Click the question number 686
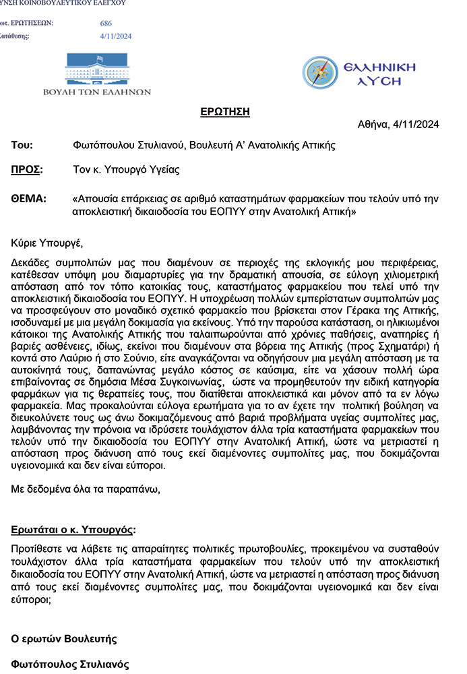[x=106, y=24]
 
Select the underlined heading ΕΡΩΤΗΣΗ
[x=225, y=111]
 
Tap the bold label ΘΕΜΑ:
[x=29, y=199]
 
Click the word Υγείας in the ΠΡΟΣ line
[x=164, y=170]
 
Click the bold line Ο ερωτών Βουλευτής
[x=64, y=638]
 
